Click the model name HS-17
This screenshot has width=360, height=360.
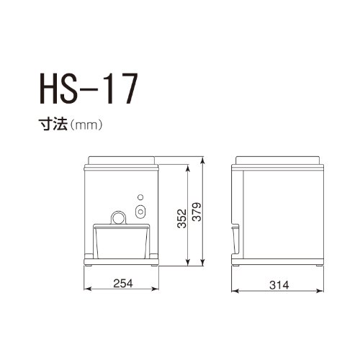tap(89, 88)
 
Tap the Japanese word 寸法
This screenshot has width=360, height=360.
tap(53, 125)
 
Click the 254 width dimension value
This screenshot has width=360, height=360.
tap(123, 284)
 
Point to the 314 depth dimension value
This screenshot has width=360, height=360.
tap(279, 285)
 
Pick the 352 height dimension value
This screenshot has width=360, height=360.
tap(181, 218)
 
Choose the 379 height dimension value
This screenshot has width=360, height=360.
tap(197, 212)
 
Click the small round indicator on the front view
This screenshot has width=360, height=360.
tap(140, 197)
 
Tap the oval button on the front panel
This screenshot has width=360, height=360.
tap(140, 212)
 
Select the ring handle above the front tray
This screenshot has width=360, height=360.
tap(118, 212)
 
